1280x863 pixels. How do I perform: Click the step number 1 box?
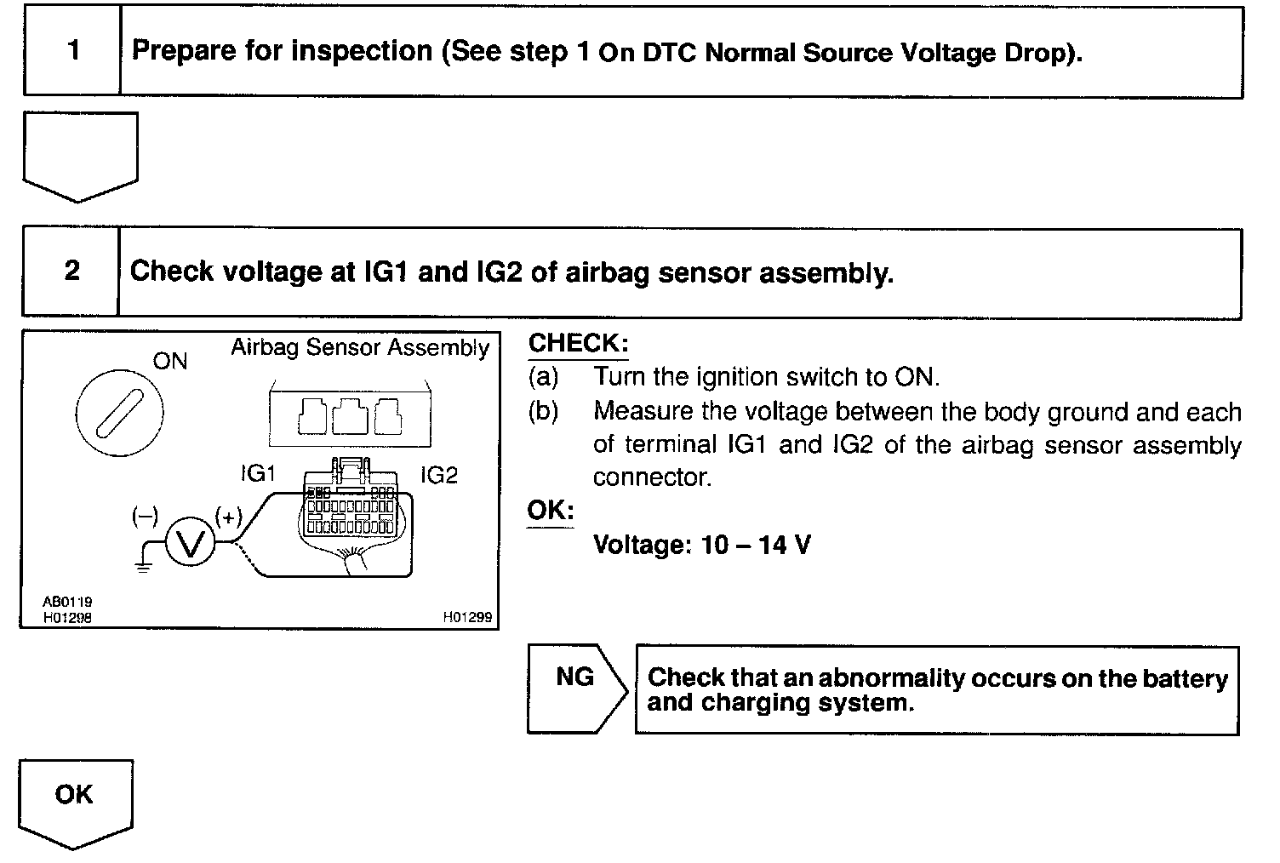pyautogui.click(x=72, y=51)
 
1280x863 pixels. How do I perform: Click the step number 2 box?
pyautogui.click(x=71, y=271)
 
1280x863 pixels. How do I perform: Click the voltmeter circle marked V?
pyautogui.click(x=191, y=542)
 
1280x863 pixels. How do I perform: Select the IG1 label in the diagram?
pyautogui.click(x=258, y=474)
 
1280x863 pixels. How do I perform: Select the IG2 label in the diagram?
pyautogui.click(x=439, y=475)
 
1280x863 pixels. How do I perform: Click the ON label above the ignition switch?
pyautogui.click(x=169, y=361)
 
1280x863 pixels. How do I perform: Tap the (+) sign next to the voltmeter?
pyautogui.click(x=228, y=516)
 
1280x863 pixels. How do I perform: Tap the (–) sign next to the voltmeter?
pyautogui.click(x=145, y=516)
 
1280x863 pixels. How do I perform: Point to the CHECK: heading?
pyautogui.click(x=578, y=344)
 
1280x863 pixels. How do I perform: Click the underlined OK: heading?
pyautogui.click(x=551, y=511)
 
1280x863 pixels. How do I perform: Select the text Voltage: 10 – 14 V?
pyautogui.click(x=701, y=545)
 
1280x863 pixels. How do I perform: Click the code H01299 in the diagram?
pyautogui.click(x=467, y=618)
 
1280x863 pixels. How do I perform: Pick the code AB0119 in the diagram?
pyautogui.click(x=67, y=603)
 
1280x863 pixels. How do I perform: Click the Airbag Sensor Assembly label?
pyautogui.click(x=360, y=347)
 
